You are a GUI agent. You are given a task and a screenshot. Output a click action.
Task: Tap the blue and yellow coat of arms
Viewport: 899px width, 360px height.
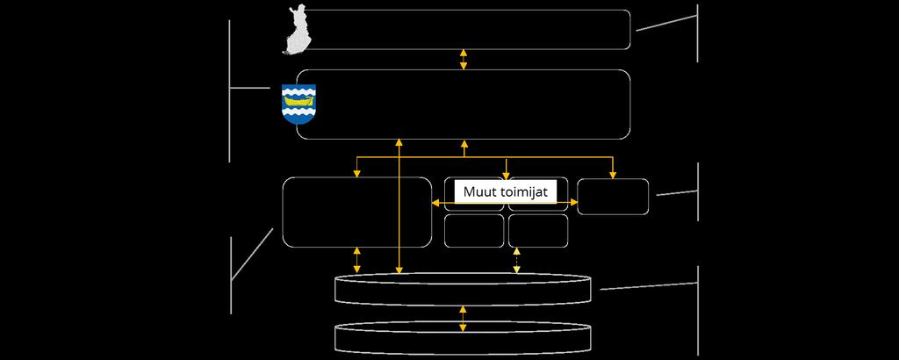tap(298, 104)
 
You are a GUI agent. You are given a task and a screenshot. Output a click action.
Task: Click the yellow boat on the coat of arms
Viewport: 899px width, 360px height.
tap(298, 100)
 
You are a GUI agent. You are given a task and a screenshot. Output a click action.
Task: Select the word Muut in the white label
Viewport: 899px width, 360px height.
tap(475, 192)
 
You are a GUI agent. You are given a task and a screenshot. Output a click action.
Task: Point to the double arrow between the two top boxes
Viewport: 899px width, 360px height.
tap(464, 60)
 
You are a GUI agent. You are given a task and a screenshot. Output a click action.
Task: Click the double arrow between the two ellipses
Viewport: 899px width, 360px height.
tap(463, 319)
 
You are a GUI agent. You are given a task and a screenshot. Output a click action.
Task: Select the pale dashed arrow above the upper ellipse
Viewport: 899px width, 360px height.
tap(516, 260)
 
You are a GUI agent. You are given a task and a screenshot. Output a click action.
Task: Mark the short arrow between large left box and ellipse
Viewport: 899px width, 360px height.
tap(357, 260)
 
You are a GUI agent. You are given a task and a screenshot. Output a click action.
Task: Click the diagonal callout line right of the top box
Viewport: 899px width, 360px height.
tap(667, 23)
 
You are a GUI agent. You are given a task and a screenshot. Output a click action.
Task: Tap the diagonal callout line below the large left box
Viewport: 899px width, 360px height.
tap(252, 255)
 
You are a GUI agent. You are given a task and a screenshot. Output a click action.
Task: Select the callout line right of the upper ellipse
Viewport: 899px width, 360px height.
tap(649, 286)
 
